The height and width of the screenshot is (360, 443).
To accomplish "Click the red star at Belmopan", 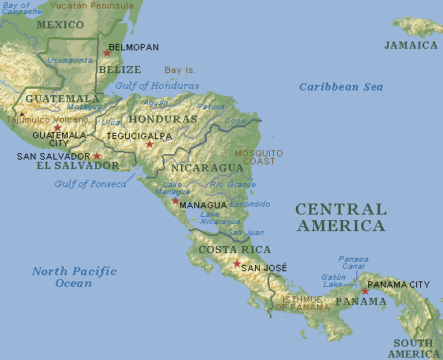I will pyautogui.click(x=107, y=53).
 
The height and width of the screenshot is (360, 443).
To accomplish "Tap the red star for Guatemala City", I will pyautogui.click(x=57, y=127).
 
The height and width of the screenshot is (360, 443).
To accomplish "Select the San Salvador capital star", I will pyautogui.click(x=97, y=156).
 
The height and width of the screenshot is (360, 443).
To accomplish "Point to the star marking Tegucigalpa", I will pyautogui.click(x=150, y=144).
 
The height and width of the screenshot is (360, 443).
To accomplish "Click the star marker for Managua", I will pyautogui.click(x=175, y=200).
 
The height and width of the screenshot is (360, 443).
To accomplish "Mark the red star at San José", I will pyautogui.click(x=237, y=263).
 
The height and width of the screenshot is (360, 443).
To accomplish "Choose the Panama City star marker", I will pyautogui.click(x=365, y=291).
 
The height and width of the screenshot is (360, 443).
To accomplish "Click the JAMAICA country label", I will pyautogui.click(x=411, y=46).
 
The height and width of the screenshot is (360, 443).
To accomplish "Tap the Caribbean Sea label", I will pyautogui.click(x=341, y=86).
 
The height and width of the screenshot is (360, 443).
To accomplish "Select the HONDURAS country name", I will pyautogui.click(x=162, y=119).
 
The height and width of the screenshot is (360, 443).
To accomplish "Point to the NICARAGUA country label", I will pyautogui.click(x=207, y=168).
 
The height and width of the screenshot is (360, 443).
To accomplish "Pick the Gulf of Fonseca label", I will pyautogui.click(x=90, y=184).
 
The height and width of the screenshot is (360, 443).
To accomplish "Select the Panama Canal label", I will pyautogui.click(x=353, y=263).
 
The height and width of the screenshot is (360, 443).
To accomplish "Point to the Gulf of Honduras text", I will pyautogui.click(x=157, y=86).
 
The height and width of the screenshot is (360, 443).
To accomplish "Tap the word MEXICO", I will pyautogui.click(x=61, y=24).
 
